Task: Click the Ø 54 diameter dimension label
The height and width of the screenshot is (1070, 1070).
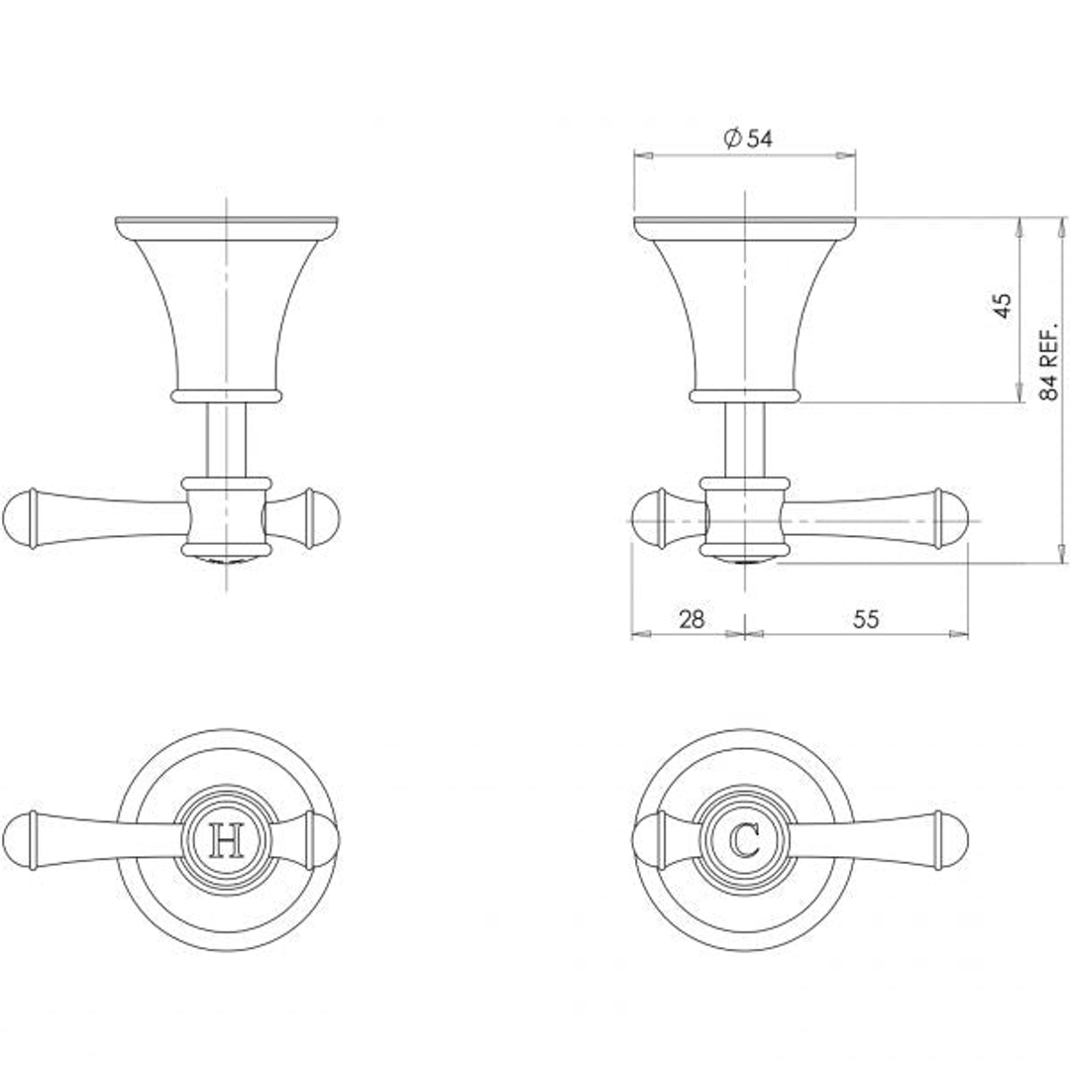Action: [x=747, y=139]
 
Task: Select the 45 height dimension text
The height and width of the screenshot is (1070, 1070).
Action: [x=1003, y=304]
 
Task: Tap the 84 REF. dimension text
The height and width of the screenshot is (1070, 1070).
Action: [x=1049, y=359]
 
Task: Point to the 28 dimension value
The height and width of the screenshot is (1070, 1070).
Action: [x=692, y=619]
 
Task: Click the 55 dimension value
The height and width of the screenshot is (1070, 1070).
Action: [x=866, y=619]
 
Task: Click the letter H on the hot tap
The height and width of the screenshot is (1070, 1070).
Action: [x=228, y=841]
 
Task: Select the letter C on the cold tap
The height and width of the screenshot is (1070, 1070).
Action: [x=744, y=841]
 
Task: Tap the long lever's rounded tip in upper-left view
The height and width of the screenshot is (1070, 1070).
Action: [x=19, y=518]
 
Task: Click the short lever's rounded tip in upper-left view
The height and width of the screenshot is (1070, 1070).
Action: [x=325, y=518]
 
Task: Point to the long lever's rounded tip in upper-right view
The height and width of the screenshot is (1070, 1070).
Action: [x=953, y=518]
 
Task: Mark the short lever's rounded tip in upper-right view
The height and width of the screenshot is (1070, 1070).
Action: [x=646, y=518]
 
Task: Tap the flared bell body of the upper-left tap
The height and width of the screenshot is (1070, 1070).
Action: [x=227, y=307]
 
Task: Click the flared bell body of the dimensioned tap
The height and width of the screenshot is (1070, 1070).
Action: [x=744, y=307]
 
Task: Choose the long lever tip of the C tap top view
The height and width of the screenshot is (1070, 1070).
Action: [x=953, y=841]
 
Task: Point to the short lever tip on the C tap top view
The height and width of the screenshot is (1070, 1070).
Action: [x=646, y=841]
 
